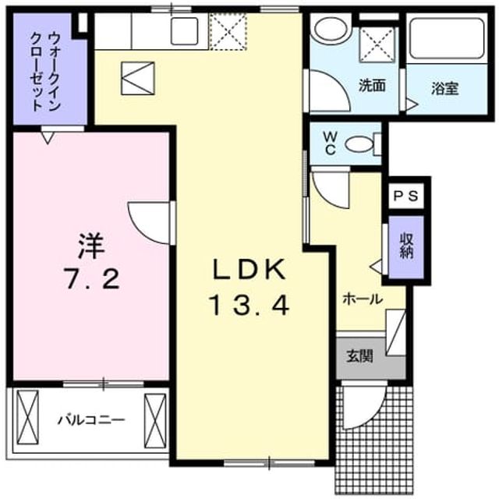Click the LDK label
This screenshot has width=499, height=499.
coord(249,269)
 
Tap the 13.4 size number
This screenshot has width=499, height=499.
coord(249,305)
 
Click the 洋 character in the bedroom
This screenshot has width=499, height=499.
coord(91,246)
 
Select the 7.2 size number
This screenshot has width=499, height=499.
coord(92,278)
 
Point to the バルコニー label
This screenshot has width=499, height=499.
coord(91,420)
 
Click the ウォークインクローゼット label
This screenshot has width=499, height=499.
coord(45,72)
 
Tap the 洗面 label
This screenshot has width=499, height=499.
coord(372,85)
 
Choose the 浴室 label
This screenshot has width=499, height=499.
coord(444,89)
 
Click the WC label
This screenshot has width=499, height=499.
coord(330,143)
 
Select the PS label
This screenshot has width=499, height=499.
coord(405,196)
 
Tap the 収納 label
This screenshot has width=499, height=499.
coord(406,246)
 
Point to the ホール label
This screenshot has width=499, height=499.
coord(363,299)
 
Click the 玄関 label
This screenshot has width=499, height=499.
coord(359,356)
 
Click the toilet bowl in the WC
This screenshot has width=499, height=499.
coord(359,145)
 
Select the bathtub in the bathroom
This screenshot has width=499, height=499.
coord(447,38)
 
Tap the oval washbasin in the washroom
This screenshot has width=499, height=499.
coord(331,28)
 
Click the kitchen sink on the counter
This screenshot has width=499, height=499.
coord(185,31)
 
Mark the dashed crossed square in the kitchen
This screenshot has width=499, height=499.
coord(228,31)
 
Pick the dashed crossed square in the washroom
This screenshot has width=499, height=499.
coord(377,44)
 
